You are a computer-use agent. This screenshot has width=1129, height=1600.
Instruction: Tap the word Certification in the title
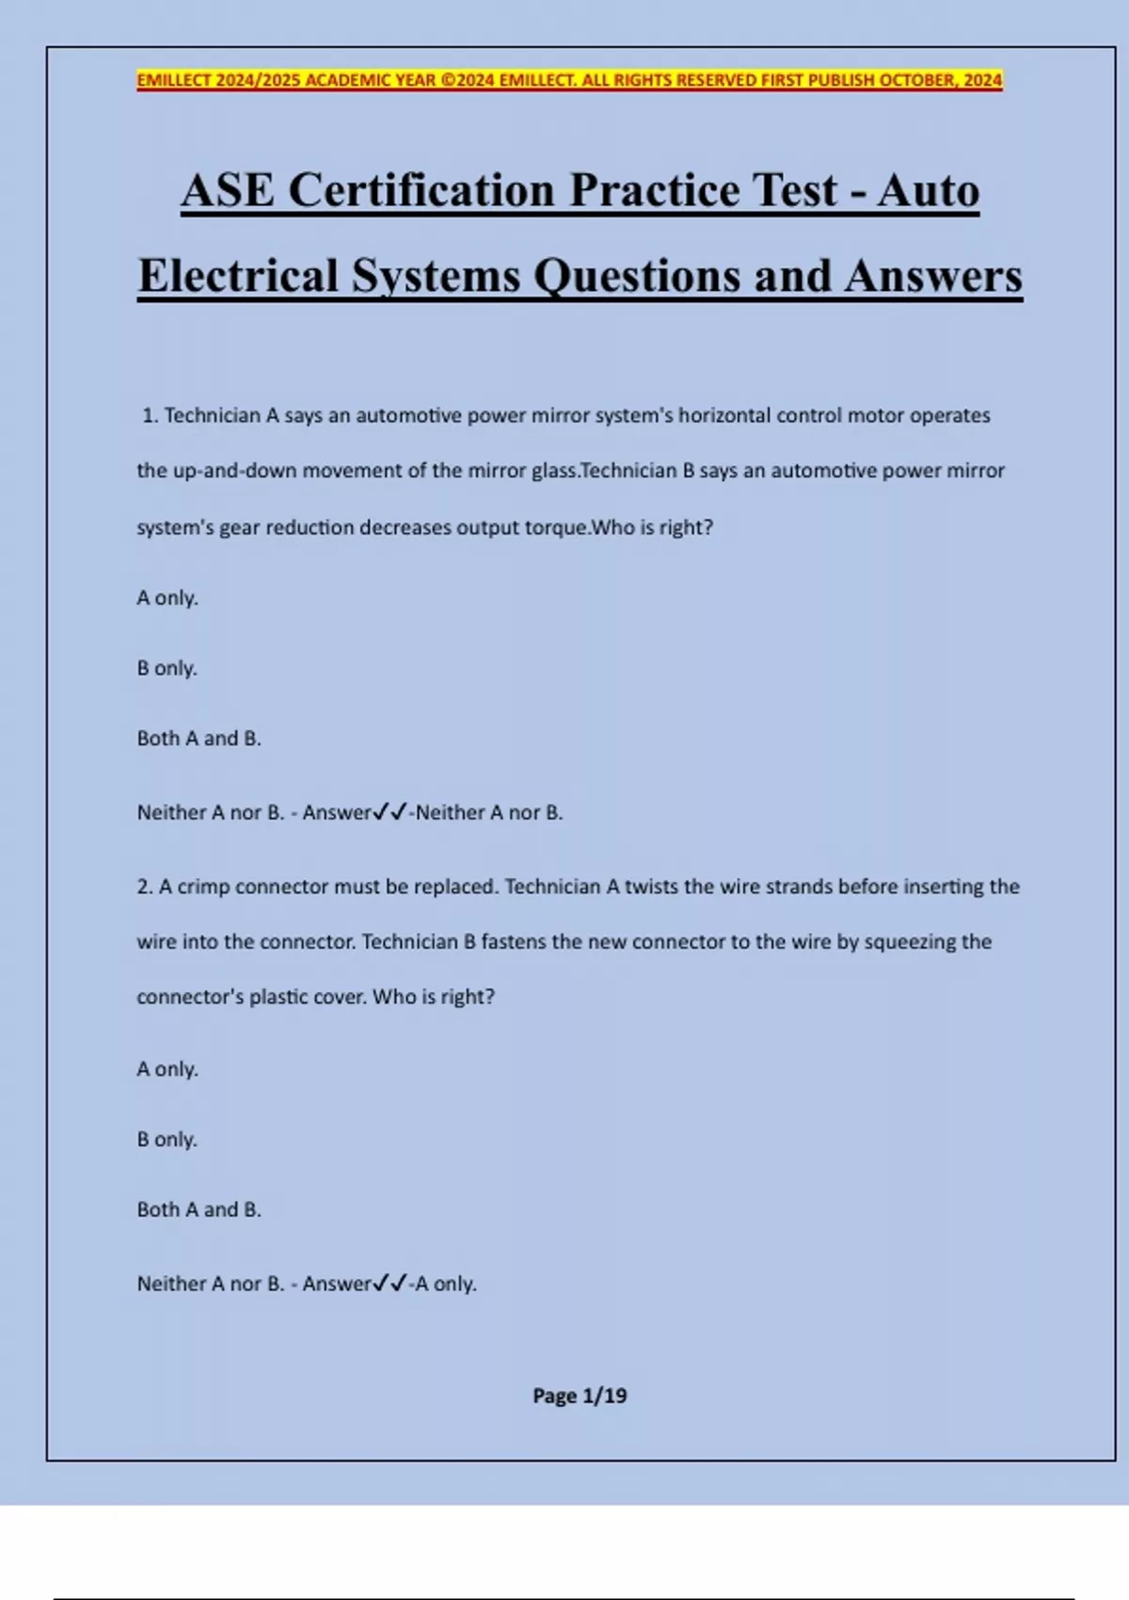pos(422,191)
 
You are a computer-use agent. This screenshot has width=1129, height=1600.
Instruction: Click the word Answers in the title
pos(932,277)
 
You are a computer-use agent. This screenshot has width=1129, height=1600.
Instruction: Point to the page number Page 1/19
pos(580,1396)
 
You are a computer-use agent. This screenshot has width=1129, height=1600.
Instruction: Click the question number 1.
pos(150,416)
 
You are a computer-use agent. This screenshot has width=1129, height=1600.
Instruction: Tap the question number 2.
pos(144,887)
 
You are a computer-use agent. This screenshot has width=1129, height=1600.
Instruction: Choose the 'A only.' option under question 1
pos(167,599)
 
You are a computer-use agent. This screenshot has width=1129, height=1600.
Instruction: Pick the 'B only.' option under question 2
pos(167,1140)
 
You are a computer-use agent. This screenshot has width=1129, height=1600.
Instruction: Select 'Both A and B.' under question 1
pos(199,739)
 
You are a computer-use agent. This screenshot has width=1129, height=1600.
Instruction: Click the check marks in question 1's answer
pos(390,812)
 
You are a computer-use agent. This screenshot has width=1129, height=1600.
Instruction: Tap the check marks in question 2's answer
pos(390,1284)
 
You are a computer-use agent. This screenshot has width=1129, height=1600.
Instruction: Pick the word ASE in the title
pos(228,191)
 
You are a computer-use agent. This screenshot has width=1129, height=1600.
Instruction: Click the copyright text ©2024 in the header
pos(468,81)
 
